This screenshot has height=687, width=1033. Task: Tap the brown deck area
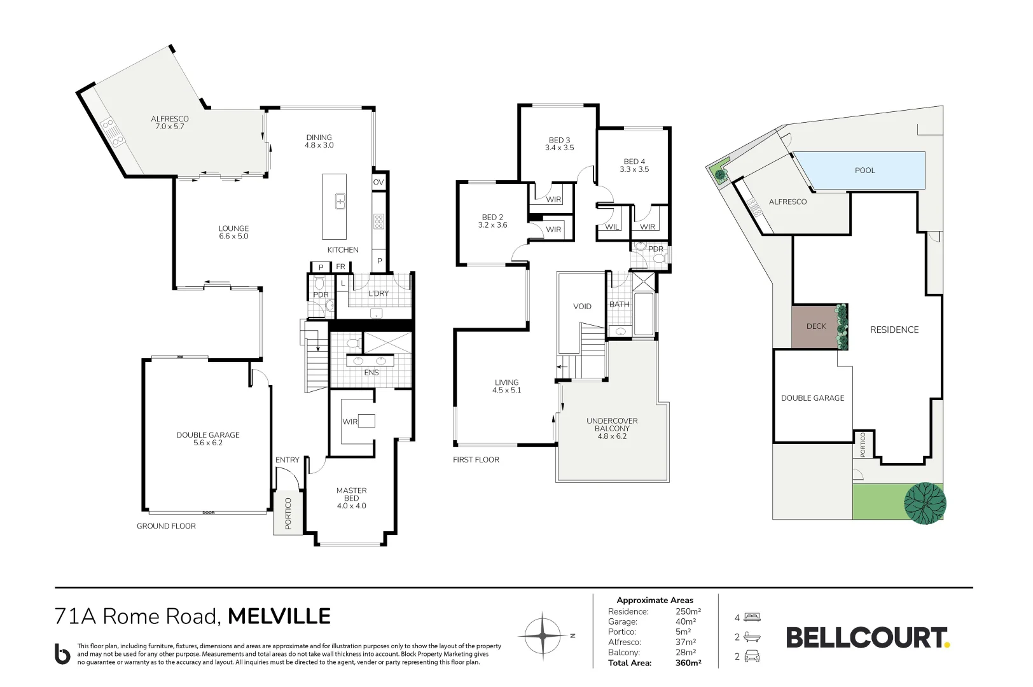pyautogui.click(x=816, y=326)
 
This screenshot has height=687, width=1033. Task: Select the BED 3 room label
pyautogui.click(x=559, y=144)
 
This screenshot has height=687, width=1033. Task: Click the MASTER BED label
pyautogui.click(x=351, y=498)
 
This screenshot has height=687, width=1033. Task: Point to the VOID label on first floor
pyautogui.click(x=583, y=307)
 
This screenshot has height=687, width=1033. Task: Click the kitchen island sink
pyautogui.click(x=340, y=202)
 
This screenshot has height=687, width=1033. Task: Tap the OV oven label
pyautogui.click(x=378, y=182)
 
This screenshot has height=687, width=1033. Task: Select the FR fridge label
pyautogui.click(x=340, y=267)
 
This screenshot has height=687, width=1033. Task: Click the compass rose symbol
pyautogui.click(x=543, y=636)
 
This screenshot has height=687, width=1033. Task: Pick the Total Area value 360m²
pyautogui.click(x=688, y=663)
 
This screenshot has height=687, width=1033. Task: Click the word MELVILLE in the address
pyautogui.click(x=279, y=616)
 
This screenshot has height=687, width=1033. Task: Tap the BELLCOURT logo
pyautogui.click(x=868, y=637)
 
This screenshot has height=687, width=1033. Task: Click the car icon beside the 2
pyautogui.click(x=752, y=656)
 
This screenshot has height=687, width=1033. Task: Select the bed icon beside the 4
pyautogui.click(x=752, y=618)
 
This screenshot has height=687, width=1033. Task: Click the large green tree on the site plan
pyautogui.click(x=925, y=503)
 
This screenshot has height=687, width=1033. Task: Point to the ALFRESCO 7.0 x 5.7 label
pyautogui.click(x=170, y=123)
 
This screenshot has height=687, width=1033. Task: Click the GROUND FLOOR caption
pyautogui.click(x=166, y=526)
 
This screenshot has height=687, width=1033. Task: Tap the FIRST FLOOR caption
pyautogui.click(x=476, y=460)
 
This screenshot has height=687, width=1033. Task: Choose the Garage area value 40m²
pyautogui.click(x=686, y=622)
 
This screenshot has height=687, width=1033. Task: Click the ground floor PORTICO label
pyautogui.click(x=288, y=513)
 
